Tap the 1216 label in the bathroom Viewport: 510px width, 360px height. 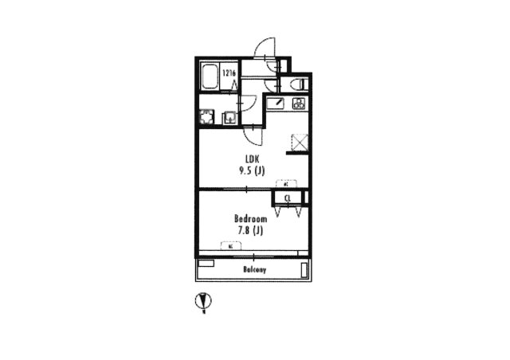229,74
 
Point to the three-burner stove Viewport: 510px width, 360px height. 299,103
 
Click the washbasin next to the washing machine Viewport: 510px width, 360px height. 229,118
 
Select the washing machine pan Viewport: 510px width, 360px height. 208,118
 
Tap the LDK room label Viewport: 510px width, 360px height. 249,158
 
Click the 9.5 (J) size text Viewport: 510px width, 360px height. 249,170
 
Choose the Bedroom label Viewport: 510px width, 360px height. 249,217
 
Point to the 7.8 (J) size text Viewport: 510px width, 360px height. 249,230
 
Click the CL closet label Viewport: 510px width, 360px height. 288,198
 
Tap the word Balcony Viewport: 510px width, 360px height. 254,270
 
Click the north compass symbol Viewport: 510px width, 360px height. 204,302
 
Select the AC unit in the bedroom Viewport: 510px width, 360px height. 230,247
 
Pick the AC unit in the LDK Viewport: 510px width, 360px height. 284,183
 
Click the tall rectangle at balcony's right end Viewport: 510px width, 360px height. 304,270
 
